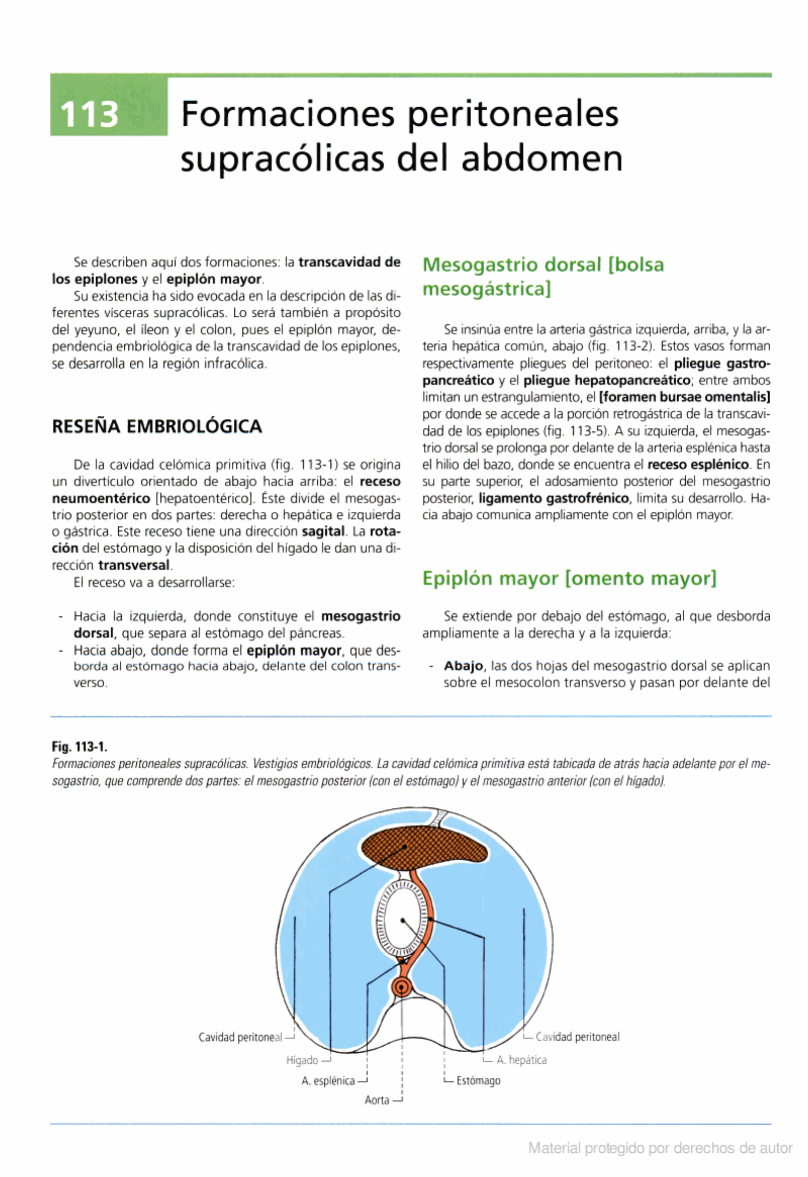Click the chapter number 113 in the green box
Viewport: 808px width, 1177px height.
coord(89,115)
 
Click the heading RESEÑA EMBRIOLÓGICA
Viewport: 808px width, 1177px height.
coord(157,426)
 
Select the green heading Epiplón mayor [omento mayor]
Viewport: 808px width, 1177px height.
coord(569,578)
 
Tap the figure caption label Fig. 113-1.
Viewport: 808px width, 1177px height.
coord(79,747)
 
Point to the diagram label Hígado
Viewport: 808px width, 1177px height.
coord(302,1060)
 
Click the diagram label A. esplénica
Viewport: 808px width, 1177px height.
coord(328,1081)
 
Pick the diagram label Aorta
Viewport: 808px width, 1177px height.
coord(377,1100)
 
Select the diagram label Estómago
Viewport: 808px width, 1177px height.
coord(478,1081)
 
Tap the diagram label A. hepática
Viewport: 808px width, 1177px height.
coord(522,1060)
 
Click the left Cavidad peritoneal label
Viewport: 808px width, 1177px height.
coord(240,1037)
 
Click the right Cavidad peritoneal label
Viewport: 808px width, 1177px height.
coord(577,1037)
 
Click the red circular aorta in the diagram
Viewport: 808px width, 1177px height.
coord(401,987)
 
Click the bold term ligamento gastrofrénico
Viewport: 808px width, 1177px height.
coord(554,499)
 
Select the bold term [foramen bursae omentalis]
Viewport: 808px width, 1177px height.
coord(684,397)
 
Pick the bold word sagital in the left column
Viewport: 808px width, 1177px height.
coord(323,532)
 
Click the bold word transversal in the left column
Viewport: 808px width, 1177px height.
coord(134,565)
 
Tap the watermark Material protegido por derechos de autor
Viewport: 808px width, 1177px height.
coord(660,1148)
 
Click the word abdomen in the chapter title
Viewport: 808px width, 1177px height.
coord(542,159)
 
